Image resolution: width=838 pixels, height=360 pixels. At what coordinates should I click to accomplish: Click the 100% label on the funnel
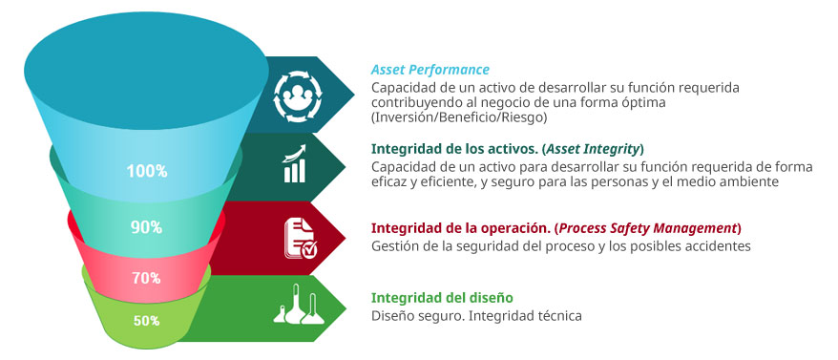click(x=147, y=171)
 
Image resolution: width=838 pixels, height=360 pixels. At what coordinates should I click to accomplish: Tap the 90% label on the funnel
click(x=146, y=227)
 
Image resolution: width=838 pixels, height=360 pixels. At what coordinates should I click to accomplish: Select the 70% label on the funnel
click(x=146, y=278)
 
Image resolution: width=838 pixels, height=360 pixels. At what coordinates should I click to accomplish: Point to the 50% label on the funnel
click(x=146, y=321)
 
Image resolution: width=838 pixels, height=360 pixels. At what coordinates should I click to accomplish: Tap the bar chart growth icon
click(x=295, y=163)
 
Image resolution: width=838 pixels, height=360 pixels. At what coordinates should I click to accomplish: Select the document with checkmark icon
click(x=301, y=239)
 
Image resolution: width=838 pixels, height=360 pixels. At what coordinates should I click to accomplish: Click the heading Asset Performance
click(x=430, y=70)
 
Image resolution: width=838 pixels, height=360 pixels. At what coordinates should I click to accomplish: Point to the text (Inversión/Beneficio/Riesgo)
click(x=459, y=117)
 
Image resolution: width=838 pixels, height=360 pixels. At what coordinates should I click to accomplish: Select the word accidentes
click(x=715, y=246)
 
